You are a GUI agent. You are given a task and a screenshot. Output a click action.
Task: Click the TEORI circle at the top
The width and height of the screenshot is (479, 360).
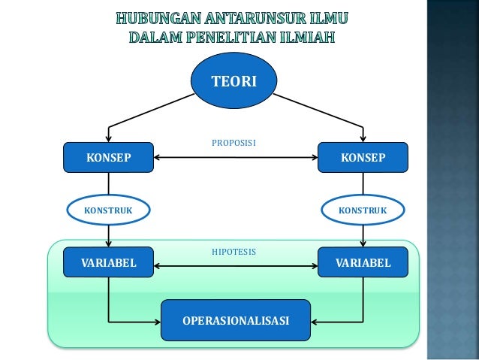click(x=234, y=80)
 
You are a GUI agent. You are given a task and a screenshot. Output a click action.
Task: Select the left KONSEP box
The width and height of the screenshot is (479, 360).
click(x=109, y=158)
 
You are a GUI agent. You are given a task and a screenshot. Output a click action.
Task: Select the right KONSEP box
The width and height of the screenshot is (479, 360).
click(x=363, y=158)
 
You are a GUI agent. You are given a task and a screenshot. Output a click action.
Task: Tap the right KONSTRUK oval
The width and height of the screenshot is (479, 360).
click(x=363, y=210)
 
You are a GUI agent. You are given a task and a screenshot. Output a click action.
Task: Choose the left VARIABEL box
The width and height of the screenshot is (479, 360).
click(x=109, y=262)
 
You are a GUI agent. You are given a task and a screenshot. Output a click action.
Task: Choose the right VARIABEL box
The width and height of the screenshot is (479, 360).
click(x=363, y=262)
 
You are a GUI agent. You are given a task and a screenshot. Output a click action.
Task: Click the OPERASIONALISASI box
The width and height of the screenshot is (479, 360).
click(x=236, y=321)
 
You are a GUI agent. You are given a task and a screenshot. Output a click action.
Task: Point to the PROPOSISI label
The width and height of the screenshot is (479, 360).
click(x=235, y=141)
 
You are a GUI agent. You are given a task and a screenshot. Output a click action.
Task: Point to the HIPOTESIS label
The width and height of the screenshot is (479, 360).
click(x=234, y=252)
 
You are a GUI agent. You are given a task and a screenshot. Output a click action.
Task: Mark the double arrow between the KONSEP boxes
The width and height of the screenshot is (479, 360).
click(x=235, y=158)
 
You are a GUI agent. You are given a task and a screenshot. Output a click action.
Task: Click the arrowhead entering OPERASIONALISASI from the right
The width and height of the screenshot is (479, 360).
click(x=313, y=321)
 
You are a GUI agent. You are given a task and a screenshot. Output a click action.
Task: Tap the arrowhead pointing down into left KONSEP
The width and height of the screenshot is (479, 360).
click(x=109, y=138)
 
